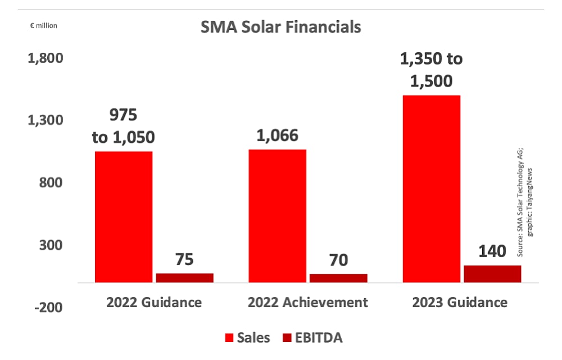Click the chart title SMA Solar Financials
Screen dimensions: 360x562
280,27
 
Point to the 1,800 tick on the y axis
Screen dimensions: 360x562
46,58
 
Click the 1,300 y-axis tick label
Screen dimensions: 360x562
46,120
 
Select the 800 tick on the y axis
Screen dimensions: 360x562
52,183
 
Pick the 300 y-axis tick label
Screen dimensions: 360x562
52,245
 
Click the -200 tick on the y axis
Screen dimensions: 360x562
48,308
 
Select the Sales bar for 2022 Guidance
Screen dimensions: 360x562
124,217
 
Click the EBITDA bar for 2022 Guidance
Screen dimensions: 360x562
185,277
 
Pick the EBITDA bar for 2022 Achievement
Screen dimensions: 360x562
338,278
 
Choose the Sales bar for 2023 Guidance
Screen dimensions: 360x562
431,188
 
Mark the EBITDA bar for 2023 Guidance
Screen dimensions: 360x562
492,273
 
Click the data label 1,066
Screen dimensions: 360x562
277,136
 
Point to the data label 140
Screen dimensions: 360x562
492,251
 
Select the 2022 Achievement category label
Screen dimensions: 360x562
308,303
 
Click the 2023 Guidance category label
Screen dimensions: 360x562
460,303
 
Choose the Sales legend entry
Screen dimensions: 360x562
247,338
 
